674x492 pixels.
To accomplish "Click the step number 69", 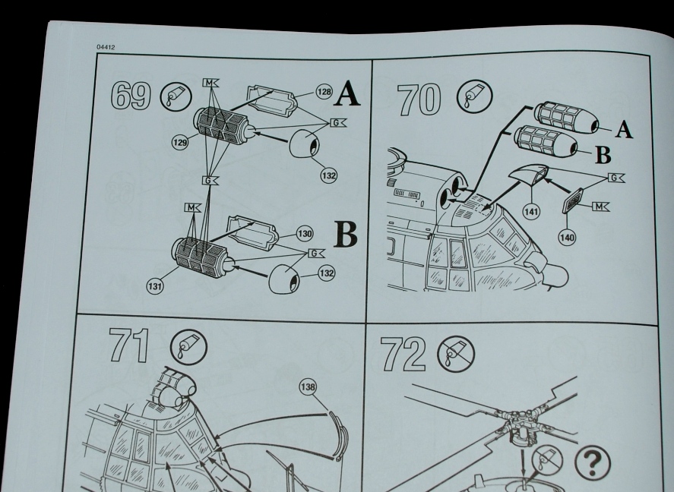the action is point(131,96).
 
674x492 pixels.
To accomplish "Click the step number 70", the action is point(419,99).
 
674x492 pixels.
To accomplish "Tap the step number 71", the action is point(129,345).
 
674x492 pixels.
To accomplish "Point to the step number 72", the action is point(403,354).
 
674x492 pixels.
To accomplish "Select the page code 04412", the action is point(106,47).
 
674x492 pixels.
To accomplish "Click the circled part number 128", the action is point(324,91).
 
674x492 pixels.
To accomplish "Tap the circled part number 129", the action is point(180,142).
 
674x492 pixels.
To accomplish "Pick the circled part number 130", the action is point(305,234).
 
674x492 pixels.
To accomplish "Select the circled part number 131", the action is point(155,286).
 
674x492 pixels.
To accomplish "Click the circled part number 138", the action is point(308,387).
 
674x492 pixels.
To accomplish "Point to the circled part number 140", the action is point(567,238).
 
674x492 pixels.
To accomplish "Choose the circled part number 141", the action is point(532,211).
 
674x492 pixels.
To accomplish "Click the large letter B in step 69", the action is point(346,235).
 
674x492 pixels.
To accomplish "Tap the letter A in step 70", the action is point(624,129).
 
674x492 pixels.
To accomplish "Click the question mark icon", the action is point(592,462).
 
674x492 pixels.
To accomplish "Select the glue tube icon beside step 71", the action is point(188,347).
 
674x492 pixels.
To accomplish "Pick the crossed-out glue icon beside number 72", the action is point(456,354).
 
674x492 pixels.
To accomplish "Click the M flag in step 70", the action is point(600,207).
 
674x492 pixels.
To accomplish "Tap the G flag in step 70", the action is point(616,178).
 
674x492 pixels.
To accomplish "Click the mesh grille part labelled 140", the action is point(573,200).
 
